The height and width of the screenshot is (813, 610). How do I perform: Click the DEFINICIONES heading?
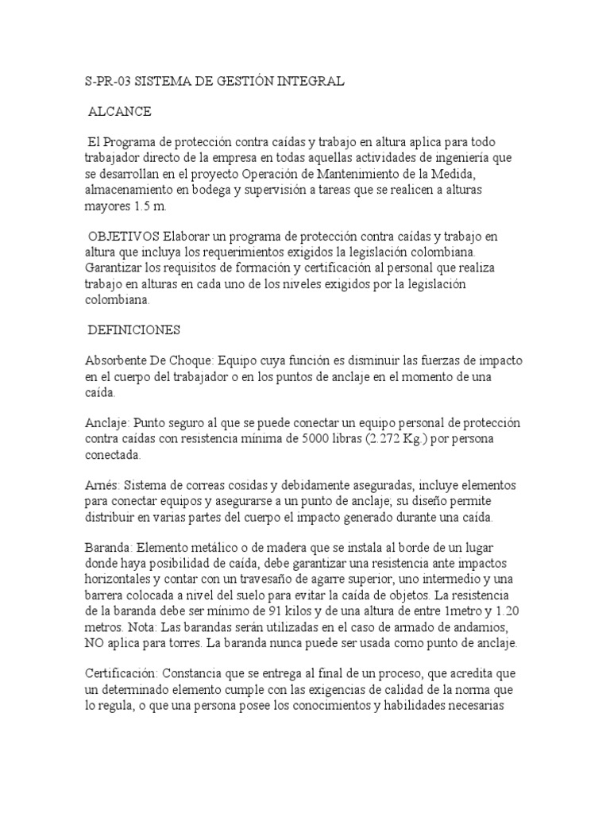tap(134, 329)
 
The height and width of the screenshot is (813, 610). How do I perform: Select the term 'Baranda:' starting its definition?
tap(109, 547)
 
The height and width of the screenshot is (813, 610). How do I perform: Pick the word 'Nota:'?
tap(141, 625)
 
